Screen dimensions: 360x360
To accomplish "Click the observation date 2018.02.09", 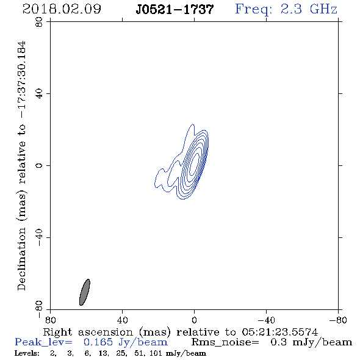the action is pos(62,9).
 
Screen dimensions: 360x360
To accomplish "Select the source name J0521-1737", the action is pos(175,9).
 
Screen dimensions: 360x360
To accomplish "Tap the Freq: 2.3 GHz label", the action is pos(286,9).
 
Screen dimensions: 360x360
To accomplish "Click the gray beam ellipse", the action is pos(84,292).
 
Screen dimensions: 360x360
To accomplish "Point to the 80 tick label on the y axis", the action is pos(39,22).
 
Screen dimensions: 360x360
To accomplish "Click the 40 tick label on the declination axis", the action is pos(39,94).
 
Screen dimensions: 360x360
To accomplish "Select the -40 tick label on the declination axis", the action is pos(39,237).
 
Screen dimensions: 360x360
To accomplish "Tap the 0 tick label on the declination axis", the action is pos(39,165).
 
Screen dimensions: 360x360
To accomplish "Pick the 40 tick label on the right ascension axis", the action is pos(122,320).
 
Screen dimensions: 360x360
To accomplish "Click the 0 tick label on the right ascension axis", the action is pos(194,320).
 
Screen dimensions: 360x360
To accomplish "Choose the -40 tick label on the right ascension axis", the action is pos(266,320).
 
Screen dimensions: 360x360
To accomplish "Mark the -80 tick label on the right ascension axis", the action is pos(338,320).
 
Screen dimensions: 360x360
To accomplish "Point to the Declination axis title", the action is pos(22,166).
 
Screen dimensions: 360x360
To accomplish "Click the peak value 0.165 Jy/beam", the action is pos(125,342).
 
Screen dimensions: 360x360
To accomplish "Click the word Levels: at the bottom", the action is pos(27,353).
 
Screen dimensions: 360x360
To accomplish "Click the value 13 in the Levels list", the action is pos(103,353).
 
